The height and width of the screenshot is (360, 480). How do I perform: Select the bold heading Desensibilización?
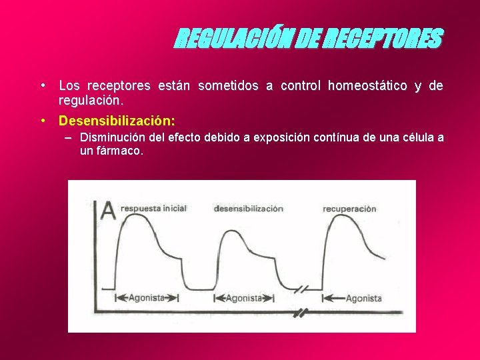[117, 121]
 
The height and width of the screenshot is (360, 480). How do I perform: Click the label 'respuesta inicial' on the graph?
[153, 208]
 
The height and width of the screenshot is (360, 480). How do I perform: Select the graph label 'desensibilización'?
[248, 209]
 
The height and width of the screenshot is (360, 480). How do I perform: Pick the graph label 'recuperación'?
[349, 209]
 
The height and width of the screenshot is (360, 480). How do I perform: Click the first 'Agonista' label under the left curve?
[146, 298]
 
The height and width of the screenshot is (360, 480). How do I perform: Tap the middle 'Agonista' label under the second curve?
[245, 298]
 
